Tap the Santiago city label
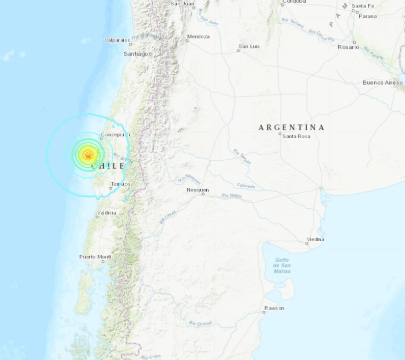[x=138, y=54]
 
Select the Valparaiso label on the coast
[x=117, y=41]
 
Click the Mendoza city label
[x=198, y=36]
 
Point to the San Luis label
[x=249, y=46]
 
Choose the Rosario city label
[x=349, y=47]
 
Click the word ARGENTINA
[x=291, y=127]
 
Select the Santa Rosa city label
[x=295, y=136]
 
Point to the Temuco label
[x=121, y=184]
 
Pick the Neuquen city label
[x=197, y=190]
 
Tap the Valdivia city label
[x=107, y=213]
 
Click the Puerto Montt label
[x=94, y=257]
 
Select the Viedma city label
[x=315, y=239]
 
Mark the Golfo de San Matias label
[x=282, y=265]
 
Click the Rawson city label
[x=274, y=308]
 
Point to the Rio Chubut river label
[x=200, y=323]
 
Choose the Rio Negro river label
[x=231, y=196]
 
